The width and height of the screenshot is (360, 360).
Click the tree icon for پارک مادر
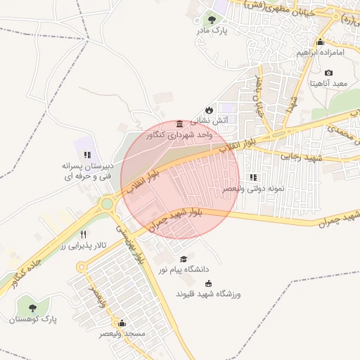[x=212, y=20]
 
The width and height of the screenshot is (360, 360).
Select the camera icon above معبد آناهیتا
[x=329, y=72]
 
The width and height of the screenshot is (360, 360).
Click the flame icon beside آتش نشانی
[x=209, y=110]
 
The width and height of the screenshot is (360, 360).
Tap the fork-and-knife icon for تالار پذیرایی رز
[x=84, y=234]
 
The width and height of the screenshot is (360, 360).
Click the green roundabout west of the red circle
[x=107, y=205]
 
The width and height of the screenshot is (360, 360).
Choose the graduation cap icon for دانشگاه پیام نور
[x=184, y=259]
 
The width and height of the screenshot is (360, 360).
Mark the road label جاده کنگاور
[x=24, y=272]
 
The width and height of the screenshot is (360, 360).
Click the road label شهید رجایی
[x=301, y=157]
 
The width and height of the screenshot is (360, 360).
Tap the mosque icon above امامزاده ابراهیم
[x=321, y=41]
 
